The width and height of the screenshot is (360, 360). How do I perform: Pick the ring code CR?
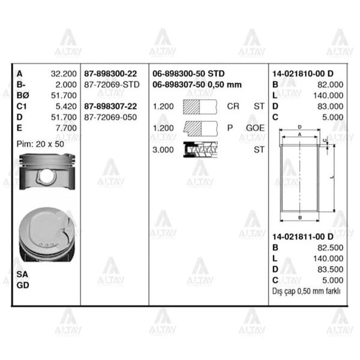pyautogui.click(x=233, y=106)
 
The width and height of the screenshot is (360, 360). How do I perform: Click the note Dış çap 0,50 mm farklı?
pyautogui.click(x=306, y=291)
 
